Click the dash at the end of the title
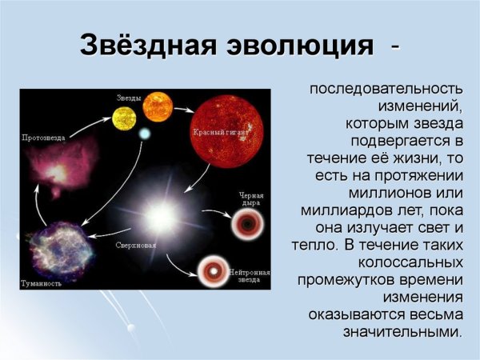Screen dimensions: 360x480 tap(395, 45)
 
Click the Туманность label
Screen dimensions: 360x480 tap(41, 283)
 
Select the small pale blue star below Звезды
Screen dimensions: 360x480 tap(145, 134)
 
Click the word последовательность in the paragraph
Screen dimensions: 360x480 tap(386, 88)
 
